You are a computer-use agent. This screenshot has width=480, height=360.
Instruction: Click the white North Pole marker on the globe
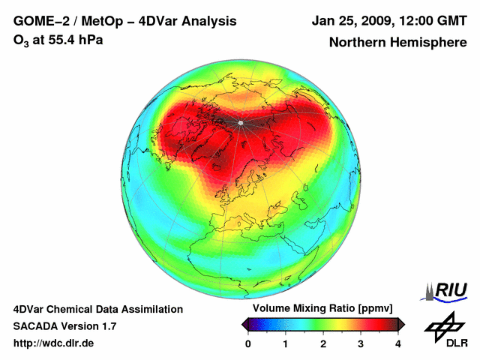pyautogui.click(x=241, y=122)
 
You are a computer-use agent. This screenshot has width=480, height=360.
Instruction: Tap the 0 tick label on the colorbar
pyautogui.click(x=248, y=343)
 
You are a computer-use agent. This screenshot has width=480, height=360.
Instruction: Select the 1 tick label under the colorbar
pyautogui.click(x=286, y=343)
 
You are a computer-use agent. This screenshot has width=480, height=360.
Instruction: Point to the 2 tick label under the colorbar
pyautogui.click(x=323, y=343)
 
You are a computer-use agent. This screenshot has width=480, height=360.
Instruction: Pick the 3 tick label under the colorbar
pyautogui.click(x=361, y=343)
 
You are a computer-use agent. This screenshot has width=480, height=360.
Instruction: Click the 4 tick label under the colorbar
pyautogui.click(x=398, y=343)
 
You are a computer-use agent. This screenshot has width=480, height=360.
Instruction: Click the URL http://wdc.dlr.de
pyautogui.click(x=54, y=343)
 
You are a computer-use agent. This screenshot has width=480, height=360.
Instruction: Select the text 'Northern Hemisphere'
pyautogui.click(x=397, y=43)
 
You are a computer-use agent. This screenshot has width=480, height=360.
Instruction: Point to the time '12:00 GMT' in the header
pyautogui.click(x=433, y=21)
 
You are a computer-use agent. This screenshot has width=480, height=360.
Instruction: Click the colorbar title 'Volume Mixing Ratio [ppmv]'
pyautogui.click(x=322, y=309)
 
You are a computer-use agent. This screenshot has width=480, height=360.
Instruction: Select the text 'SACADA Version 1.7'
pyautogui.click(x=64, y=326)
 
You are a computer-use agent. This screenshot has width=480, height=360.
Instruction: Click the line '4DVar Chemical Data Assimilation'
pyautogui.click(x=97, y=309)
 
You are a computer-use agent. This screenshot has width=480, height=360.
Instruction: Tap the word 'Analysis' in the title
pyautogui.click(x=205, y=21)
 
